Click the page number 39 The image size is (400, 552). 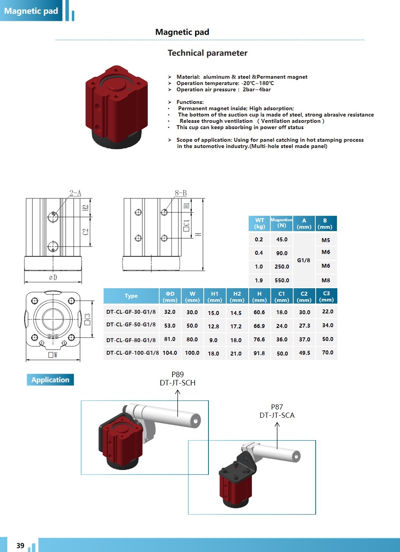click(x=20, y=545)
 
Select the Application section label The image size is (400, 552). click(x=50, y=380)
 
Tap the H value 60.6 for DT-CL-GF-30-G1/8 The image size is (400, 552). click(x=259, y=312)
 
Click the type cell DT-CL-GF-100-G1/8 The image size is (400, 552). click(x=132, y=353)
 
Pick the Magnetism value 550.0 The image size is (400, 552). click(x=282, y=280)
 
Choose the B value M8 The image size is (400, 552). click(x=326, y=280)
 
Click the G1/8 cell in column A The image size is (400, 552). click(x=303, y=260)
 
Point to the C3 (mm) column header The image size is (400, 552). click(x=326, y=296)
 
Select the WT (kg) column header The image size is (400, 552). click(x=259, y=223)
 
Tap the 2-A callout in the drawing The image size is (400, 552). click(x=75, y=193)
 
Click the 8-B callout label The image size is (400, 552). click(x=181, y=193)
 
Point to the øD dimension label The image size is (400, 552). click(x=53, y=278)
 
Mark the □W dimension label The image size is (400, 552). click(x=53, y=355)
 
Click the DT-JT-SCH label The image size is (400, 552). click(x=178, y=383)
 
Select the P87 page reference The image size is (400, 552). click(x=277, y=407)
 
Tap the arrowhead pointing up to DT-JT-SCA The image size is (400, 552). click(x=277, y=424)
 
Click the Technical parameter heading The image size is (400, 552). click(x=207, y=53)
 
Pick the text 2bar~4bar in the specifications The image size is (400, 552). click(x=257, y=90)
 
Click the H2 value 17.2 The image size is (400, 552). click(x=236, y=326)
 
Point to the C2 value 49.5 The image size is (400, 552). click(x=305, y=353)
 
